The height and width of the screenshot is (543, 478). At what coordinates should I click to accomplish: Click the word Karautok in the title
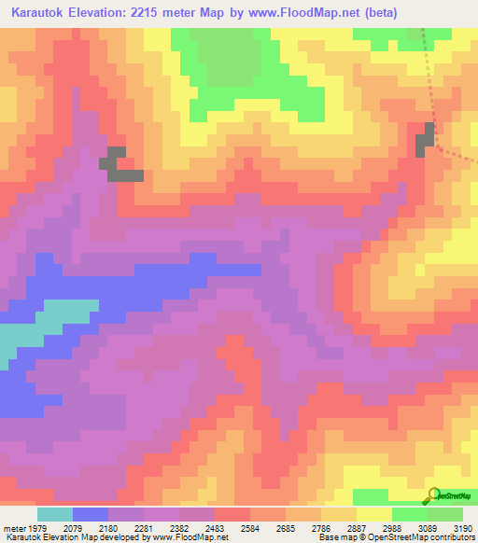(36, 13)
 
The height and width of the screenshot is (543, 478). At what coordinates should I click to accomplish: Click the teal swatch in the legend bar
(55, 514)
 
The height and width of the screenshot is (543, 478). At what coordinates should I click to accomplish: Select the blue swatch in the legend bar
(91, 514)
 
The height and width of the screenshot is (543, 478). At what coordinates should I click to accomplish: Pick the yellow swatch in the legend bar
(374, 514)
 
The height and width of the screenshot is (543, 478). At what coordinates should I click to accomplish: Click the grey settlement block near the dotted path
(426, 140)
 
